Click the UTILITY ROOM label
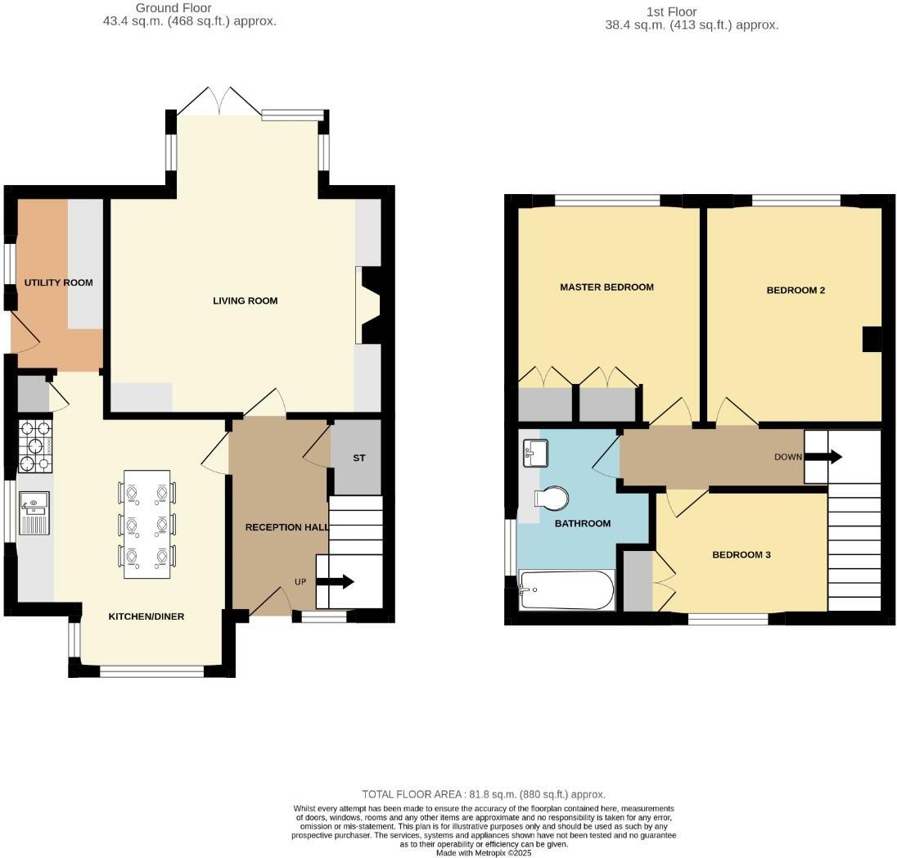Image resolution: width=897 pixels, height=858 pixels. (x=58, y=282)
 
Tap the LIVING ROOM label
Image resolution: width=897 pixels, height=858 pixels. (x=245, y=300)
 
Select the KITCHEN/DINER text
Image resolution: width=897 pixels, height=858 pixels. (x=146, y=616)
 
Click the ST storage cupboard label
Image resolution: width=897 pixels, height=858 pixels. (x=358, y=458)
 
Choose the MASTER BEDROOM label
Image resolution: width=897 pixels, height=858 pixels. (x=606, y=287)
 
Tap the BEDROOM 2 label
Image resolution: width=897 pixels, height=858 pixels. (x=795, y=290)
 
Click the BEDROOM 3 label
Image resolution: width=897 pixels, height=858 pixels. (x=741, y=554)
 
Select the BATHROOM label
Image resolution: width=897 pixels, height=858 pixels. (x=583, y=523)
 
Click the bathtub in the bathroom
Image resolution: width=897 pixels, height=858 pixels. (x=567, y=590)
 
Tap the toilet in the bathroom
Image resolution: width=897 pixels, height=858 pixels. (x=551, y=498)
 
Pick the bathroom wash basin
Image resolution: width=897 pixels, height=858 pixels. (x=534, y=452)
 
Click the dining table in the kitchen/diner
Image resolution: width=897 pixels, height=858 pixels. (x=147, y=524)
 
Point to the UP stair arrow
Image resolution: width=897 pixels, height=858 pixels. (x=335, y=581)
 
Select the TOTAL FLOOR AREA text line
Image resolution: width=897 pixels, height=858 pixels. (x=484, y=794)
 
